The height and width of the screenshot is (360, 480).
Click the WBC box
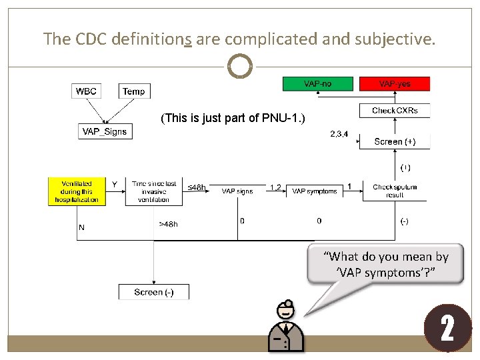coord(85,91)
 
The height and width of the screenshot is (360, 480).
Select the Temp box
coord(134,91)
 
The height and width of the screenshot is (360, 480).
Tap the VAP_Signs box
coord(104,131)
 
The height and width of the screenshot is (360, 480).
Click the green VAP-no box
coord(317,83)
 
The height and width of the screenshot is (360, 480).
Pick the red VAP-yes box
coord(395,83)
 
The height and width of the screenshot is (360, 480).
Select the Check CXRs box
coord(395,110)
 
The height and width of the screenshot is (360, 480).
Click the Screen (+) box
coord(395,141)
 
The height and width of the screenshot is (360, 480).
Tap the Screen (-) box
coord(154,292)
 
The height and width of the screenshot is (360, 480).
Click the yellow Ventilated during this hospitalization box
coord(77,191)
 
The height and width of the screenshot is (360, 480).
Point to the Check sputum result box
coord(395,191)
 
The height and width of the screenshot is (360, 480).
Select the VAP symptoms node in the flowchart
coord(314,191)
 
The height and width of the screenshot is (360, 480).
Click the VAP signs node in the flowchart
coord(237,191)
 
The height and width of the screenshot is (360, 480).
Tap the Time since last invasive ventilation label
coord(154,191)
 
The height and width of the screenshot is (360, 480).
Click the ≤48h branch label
coord(196,187)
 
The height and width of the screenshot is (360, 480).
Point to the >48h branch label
coord(168,224)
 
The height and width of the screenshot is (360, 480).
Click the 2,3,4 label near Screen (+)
coord(339,134)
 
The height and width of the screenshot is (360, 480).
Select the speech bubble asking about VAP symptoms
coord(386,263)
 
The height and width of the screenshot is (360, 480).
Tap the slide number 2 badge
coord(447,329)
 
